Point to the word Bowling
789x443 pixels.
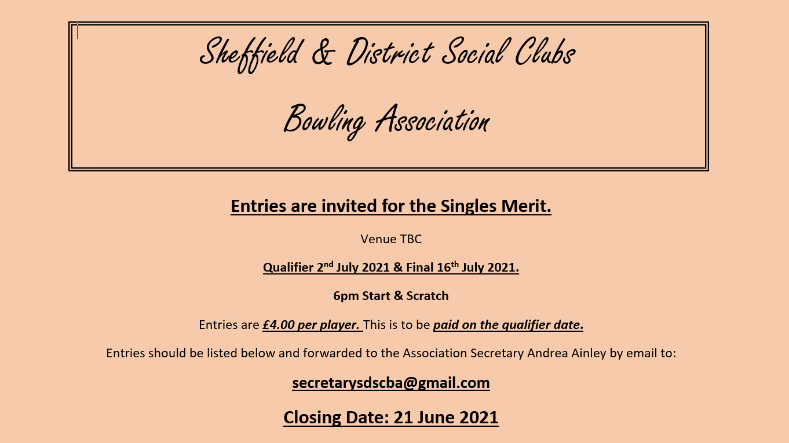(x=324, y=120)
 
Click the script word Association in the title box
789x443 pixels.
(x=432, y=120)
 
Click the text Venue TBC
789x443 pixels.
(x=391, y=239)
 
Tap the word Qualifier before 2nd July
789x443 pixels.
(x=288, y=268)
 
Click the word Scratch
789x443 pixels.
(x=427, y=296)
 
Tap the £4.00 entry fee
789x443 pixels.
(x=279, y=325)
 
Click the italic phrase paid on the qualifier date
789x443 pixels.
(x=507, y=325)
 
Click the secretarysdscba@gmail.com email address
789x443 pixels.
(x=391, y=383)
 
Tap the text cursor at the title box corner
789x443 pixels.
(x=77, y=31)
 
